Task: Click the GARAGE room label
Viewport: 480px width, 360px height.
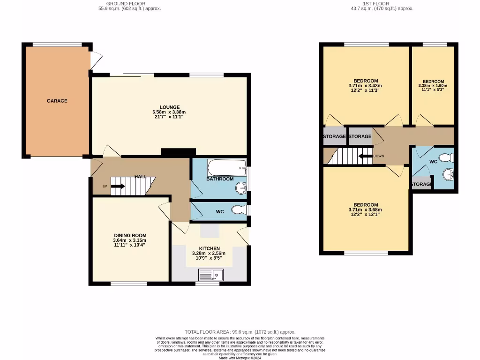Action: [x=57, y=101]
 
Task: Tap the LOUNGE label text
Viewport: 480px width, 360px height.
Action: [x=169, y=107]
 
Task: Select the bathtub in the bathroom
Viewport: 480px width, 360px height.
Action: [x=227, y=166]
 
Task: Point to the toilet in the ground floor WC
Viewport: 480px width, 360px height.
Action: [x=240, y=210]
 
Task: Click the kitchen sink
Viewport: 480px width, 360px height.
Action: [x=211, y=274]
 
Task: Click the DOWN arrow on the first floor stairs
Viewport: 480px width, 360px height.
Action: [x=364, y=156]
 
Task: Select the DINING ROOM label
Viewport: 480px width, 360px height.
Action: [x=130, y=236]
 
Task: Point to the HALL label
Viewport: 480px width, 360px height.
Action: [x=141, y=177]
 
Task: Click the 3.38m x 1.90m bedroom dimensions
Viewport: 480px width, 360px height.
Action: [x=433, y=86]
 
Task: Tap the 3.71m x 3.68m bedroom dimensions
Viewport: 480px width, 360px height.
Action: [x=365, y=210]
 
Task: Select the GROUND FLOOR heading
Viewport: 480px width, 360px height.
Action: [x=130, y=3]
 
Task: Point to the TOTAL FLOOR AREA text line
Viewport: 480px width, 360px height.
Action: [x=240, y=332]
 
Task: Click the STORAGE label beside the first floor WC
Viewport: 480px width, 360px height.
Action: [x=421, y=184]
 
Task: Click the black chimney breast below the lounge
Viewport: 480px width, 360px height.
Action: [x=178, y=152]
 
